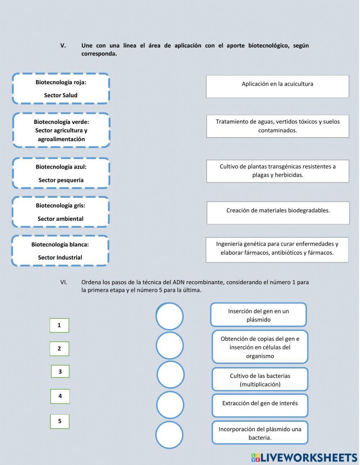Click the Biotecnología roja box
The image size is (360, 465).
pos(61,89)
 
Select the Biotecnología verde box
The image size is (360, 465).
pos(61,130)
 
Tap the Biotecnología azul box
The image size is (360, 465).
pos(61,173)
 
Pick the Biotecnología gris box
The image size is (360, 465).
pos(60,212)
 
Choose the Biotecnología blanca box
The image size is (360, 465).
pos(60,251)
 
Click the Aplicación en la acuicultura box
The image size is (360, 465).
pos(277,86)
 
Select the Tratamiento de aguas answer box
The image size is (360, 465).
pos(278,126)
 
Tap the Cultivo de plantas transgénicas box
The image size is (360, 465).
pos(278,171)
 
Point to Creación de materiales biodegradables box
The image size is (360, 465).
pos(278,213)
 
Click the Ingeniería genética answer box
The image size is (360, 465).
pos(277,250)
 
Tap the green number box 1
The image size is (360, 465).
pos(59,325)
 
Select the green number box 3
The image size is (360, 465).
pos(60,371)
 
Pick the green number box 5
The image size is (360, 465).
pos(60,421)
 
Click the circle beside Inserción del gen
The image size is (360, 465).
pos(170,316)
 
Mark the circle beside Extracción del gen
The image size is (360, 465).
pos(170,405)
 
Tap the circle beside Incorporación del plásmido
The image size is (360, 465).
pos(169,435)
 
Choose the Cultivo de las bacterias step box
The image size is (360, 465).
pos(260,380)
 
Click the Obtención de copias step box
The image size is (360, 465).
pos(260,347)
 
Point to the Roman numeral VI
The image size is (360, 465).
pos(64,282)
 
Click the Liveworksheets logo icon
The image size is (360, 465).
pos(256,457)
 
